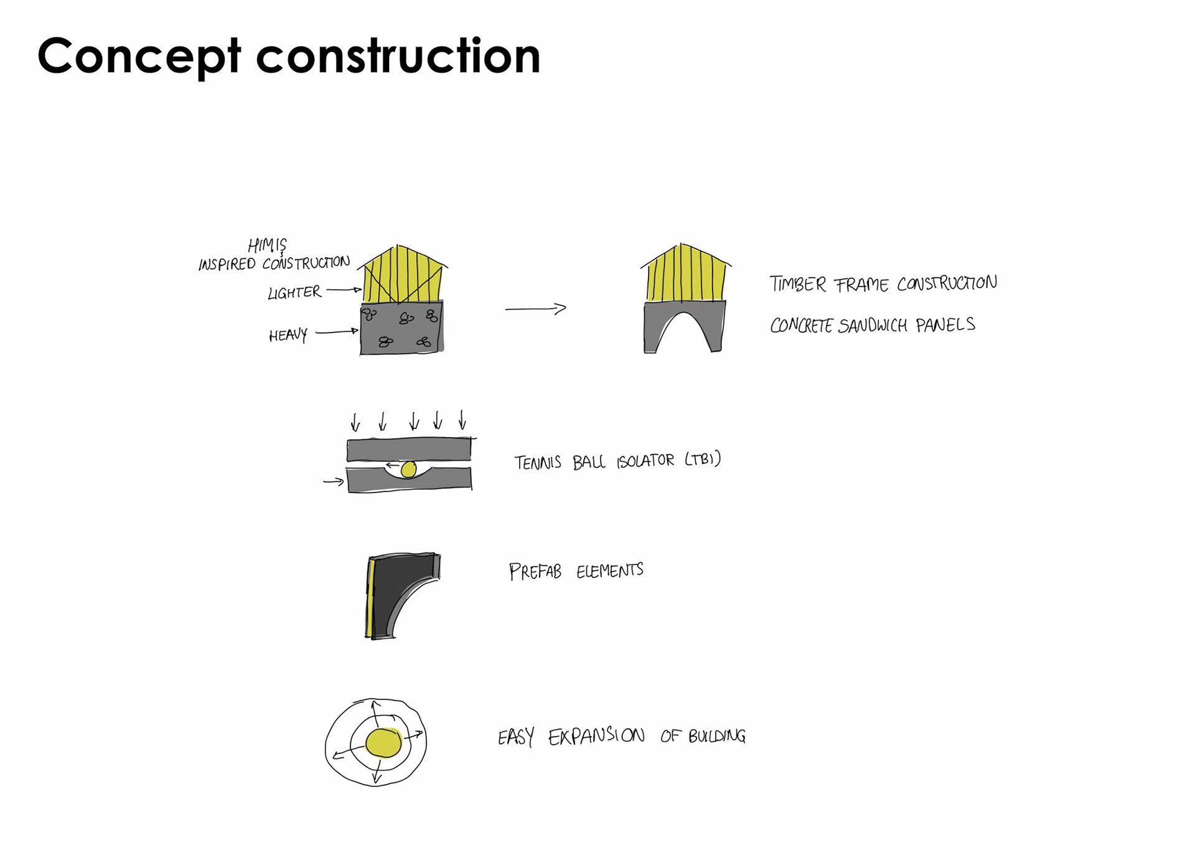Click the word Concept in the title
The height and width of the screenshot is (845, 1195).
139,56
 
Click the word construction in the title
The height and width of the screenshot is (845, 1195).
398,56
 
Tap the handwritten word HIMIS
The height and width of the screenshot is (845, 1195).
267,244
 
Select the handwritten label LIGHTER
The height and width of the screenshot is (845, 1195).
294,292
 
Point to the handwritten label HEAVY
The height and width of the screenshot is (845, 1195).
288,336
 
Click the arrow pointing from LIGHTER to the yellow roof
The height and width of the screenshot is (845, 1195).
344,290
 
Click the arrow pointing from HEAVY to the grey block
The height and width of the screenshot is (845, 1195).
337,332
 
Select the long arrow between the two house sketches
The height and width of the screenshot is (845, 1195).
535,308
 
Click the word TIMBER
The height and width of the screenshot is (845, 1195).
797,284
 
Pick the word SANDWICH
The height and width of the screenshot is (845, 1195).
873,326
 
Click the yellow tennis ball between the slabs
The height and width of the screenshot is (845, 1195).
408,470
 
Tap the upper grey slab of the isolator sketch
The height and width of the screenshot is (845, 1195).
408,450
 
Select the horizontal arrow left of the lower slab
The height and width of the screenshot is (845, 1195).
334,481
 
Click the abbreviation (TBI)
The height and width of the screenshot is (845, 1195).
703,460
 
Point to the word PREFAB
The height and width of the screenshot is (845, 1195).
535,571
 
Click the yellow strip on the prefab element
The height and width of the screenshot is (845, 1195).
370,598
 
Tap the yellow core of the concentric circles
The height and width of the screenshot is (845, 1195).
383,743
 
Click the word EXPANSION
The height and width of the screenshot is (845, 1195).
596,736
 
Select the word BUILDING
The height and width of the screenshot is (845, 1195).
716,736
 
